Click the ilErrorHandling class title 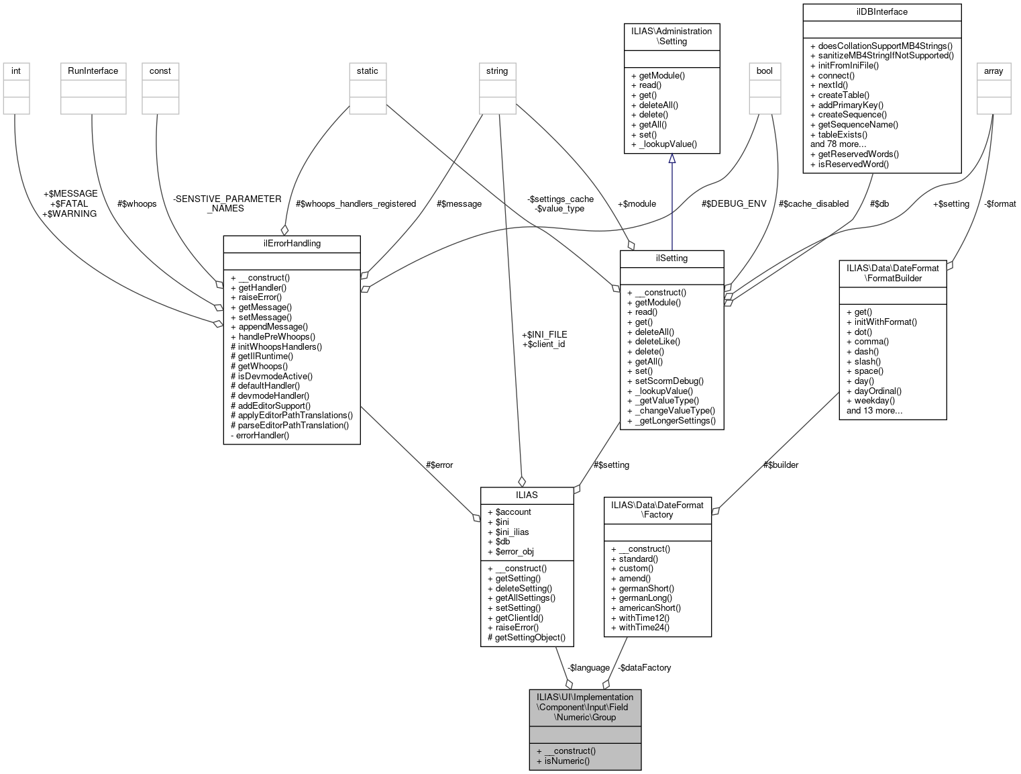[x=292, y=244]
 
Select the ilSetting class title [x=671, y=258]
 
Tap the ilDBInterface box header [x=881, y=12]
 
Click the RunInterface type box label [x=93, y=71]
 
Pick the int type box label [x=16, y=71]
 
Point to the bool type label [x=764, y=71]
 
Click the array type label [x=993, y=71]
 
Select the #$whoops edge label [x=137, y=204]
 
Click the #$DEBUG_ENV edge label [x=733, y=204]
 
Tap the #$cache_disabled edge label [x=813, y=204]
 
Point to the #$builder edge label [x=780, y=465]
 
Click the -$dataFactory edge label [x=644, y=668]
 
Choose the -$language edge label [x=588, y=668]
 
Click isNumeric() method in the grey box [x=567, y=761]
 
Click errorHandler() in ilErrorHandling [x=262, y=436]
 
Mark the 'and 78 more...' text [x=838, y=144]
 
